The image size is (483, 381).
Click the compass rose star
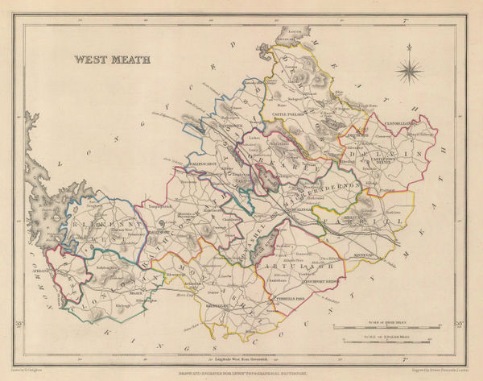point(411,71)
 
